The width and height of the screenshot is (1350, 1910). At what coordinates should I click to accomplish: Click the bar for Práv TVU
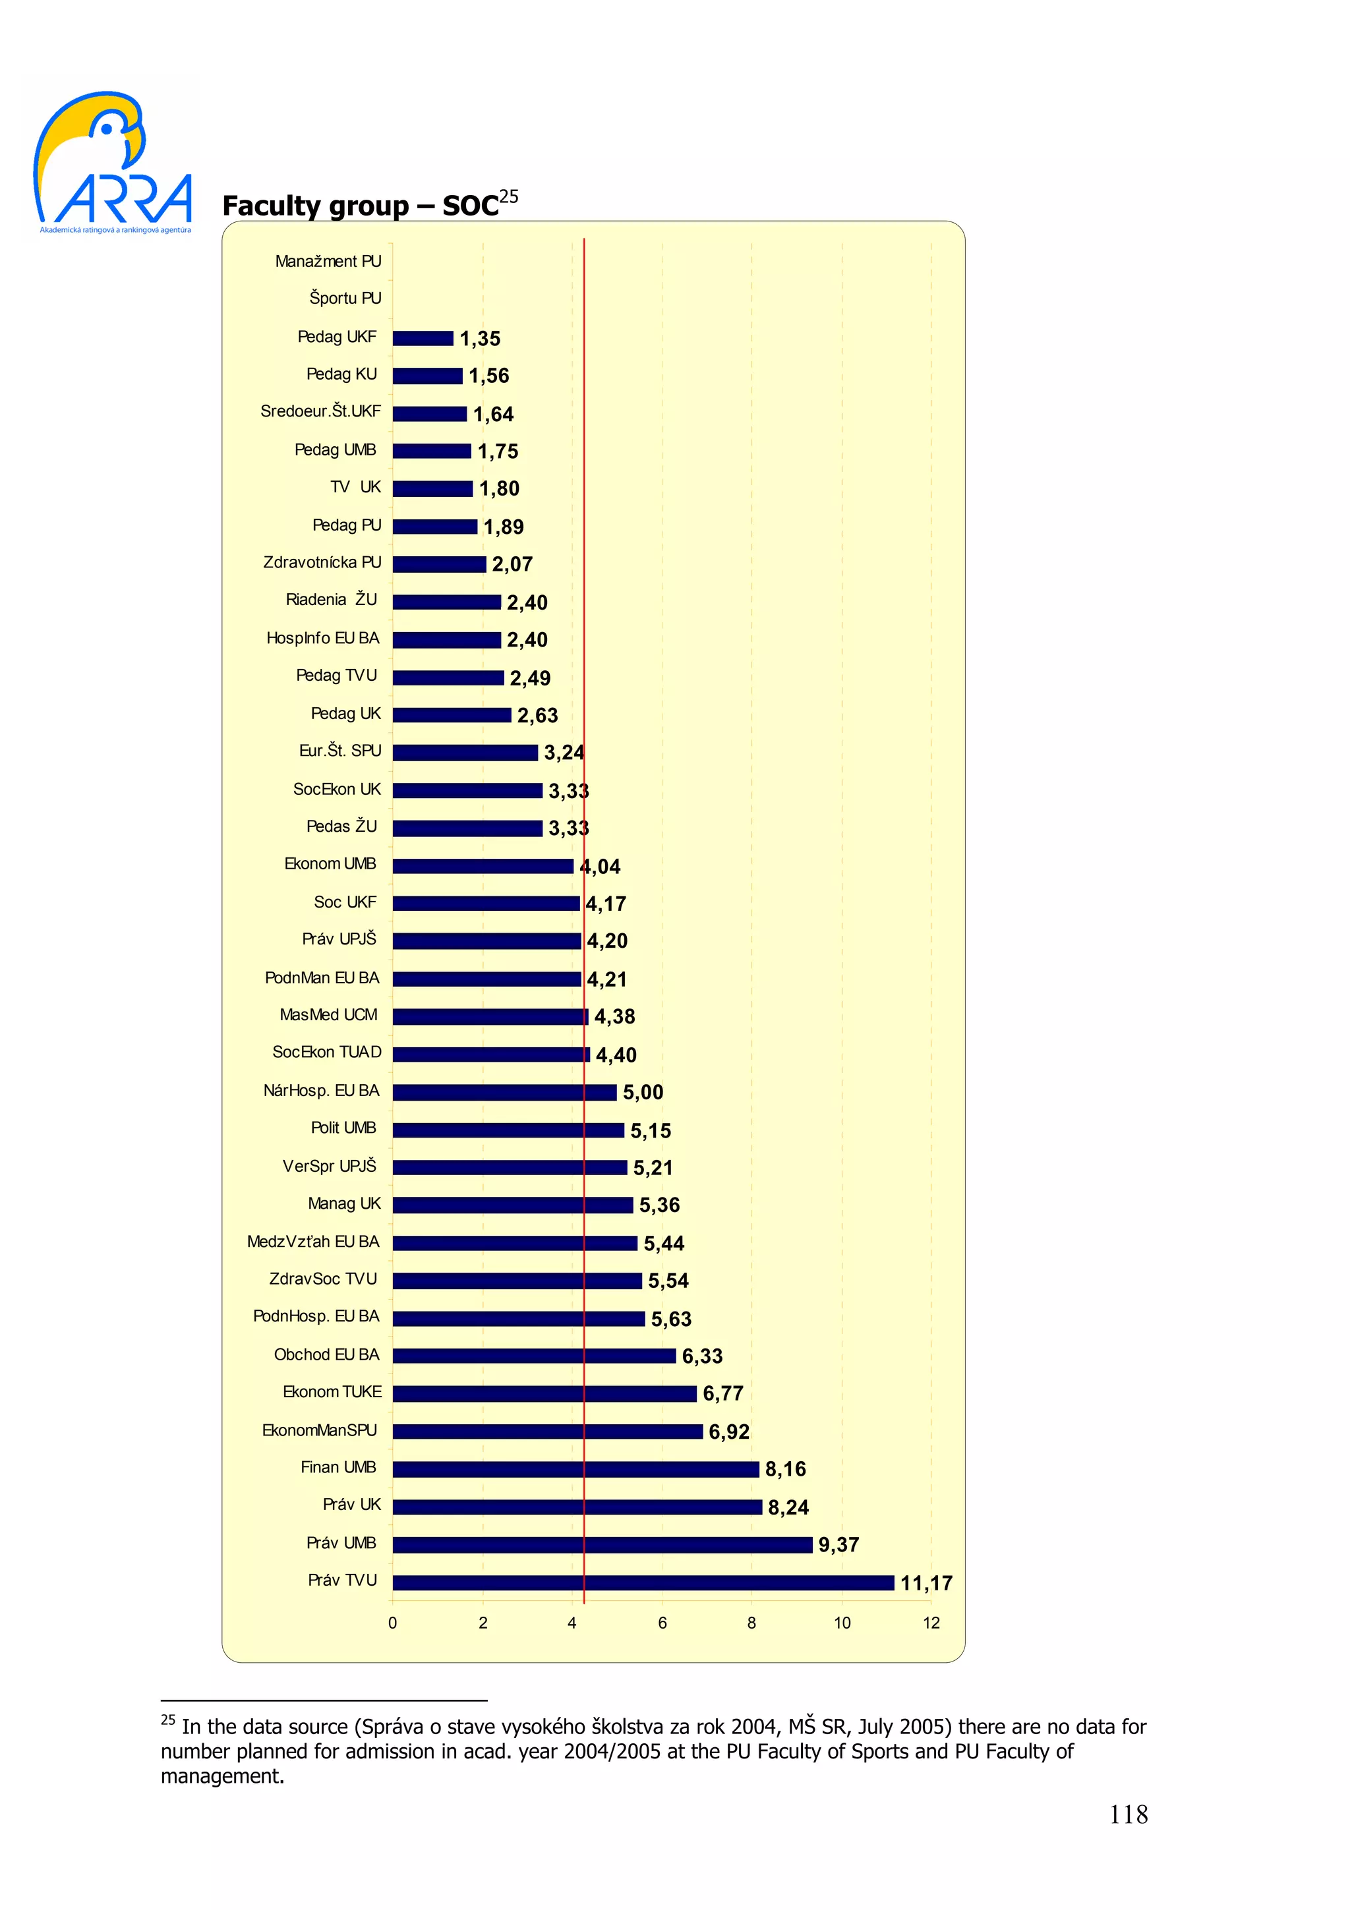coord(642,1582)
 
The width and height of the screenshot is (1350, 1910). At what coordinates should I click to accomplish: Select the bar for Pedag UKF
coord(423,337)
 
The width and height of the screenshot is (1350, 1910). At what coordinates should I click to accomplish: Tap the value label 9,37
coord(838,1545)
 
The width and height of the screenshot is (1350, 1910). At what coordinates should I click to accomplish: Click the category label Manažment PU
coord(328,261)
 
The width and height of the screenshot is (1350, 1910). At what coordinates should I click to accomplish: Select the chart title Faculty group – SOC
coord(360,206)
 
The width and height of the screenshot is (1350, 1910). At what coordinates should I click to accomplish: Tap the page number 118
coord(1128,1814)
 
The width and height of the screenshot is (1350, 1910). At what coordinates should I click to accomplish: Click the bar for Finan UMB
coord(575,1469)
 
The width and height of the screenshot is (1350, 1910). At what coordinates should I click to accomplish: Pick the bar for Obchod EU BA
coord(533,1356)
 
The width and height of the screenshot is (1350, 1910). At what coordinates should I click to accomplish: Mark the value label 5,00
coord(642,1092)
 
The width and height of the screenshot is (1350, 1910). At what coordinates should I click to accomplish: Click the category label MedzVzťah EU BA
coord(312,1241)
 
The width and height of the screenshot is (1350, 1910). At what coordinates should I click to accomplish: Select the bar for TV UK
coord(432,488)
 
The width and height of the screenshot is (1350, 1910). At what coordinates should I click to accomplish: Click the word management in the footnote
coord(222,1776)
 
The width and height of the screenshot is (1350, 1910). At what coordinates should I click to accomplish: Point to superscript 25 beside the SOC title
coord(508,196)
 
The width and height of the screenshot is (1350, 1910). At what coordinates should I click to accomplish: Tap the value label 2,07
coord(512,564)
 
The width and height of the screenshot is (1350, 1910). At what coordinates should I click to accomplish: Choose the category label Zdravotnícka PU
coord(322,562)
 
